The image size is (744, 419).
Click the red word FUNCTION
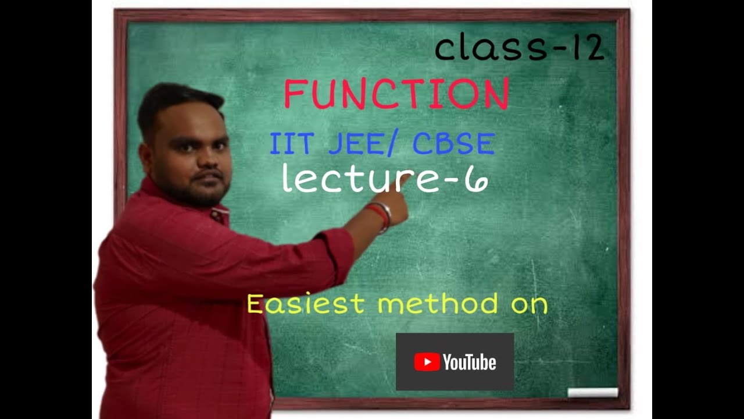pos(396,94)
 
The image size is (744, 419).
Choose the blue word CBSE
pos(453,144)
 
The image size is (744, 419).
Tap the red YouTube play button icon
pos(427,363)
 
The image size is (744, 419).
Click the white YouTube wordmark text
pos(469,363)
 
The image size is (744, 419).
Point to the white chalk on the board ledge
pos(592,392)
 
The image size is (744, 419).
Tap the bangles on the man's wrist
pos(380,215)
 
